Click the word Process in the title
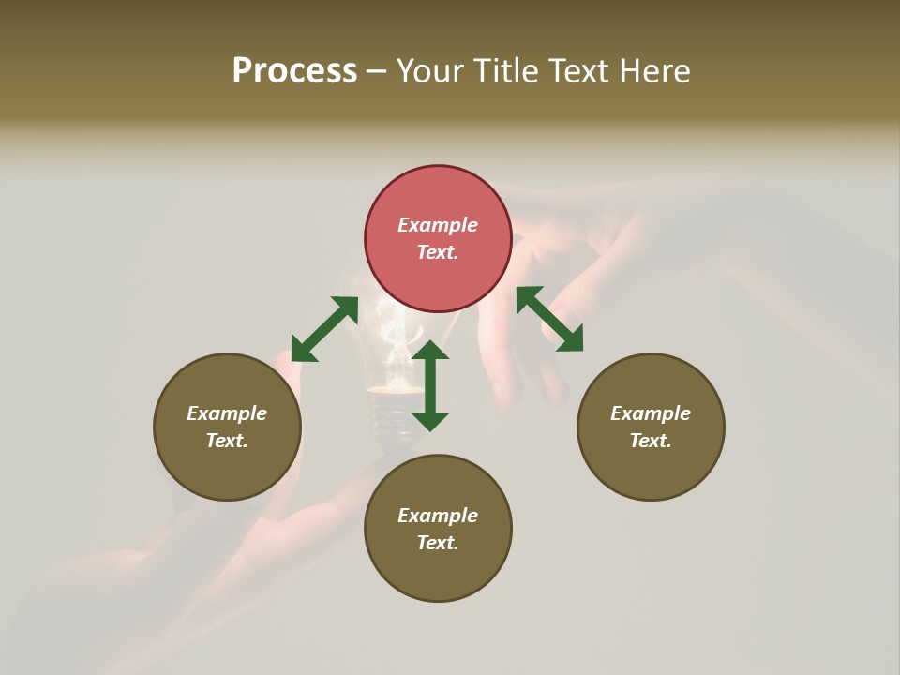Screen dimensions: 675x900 tap(294, 71)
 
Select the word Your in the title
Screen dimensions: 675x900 tap(430, 71)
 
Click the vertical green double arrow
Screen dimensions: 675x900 tap(430, 385)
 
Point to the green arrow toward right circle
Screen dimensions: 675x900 tap(549, 319)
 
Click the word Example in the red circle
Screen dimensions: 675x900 tap(438, 225)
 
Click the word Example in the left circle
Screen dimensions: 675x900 tap(227, 413)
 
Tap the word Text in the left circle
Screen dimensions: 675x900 tap(227, 441)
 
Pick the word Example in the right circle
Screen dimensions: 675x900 tap(651, 413)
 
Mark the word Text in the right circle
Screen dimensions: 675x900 tap(651, 441)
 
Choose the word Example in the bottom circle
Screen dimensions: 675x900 tap(438, 516)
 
